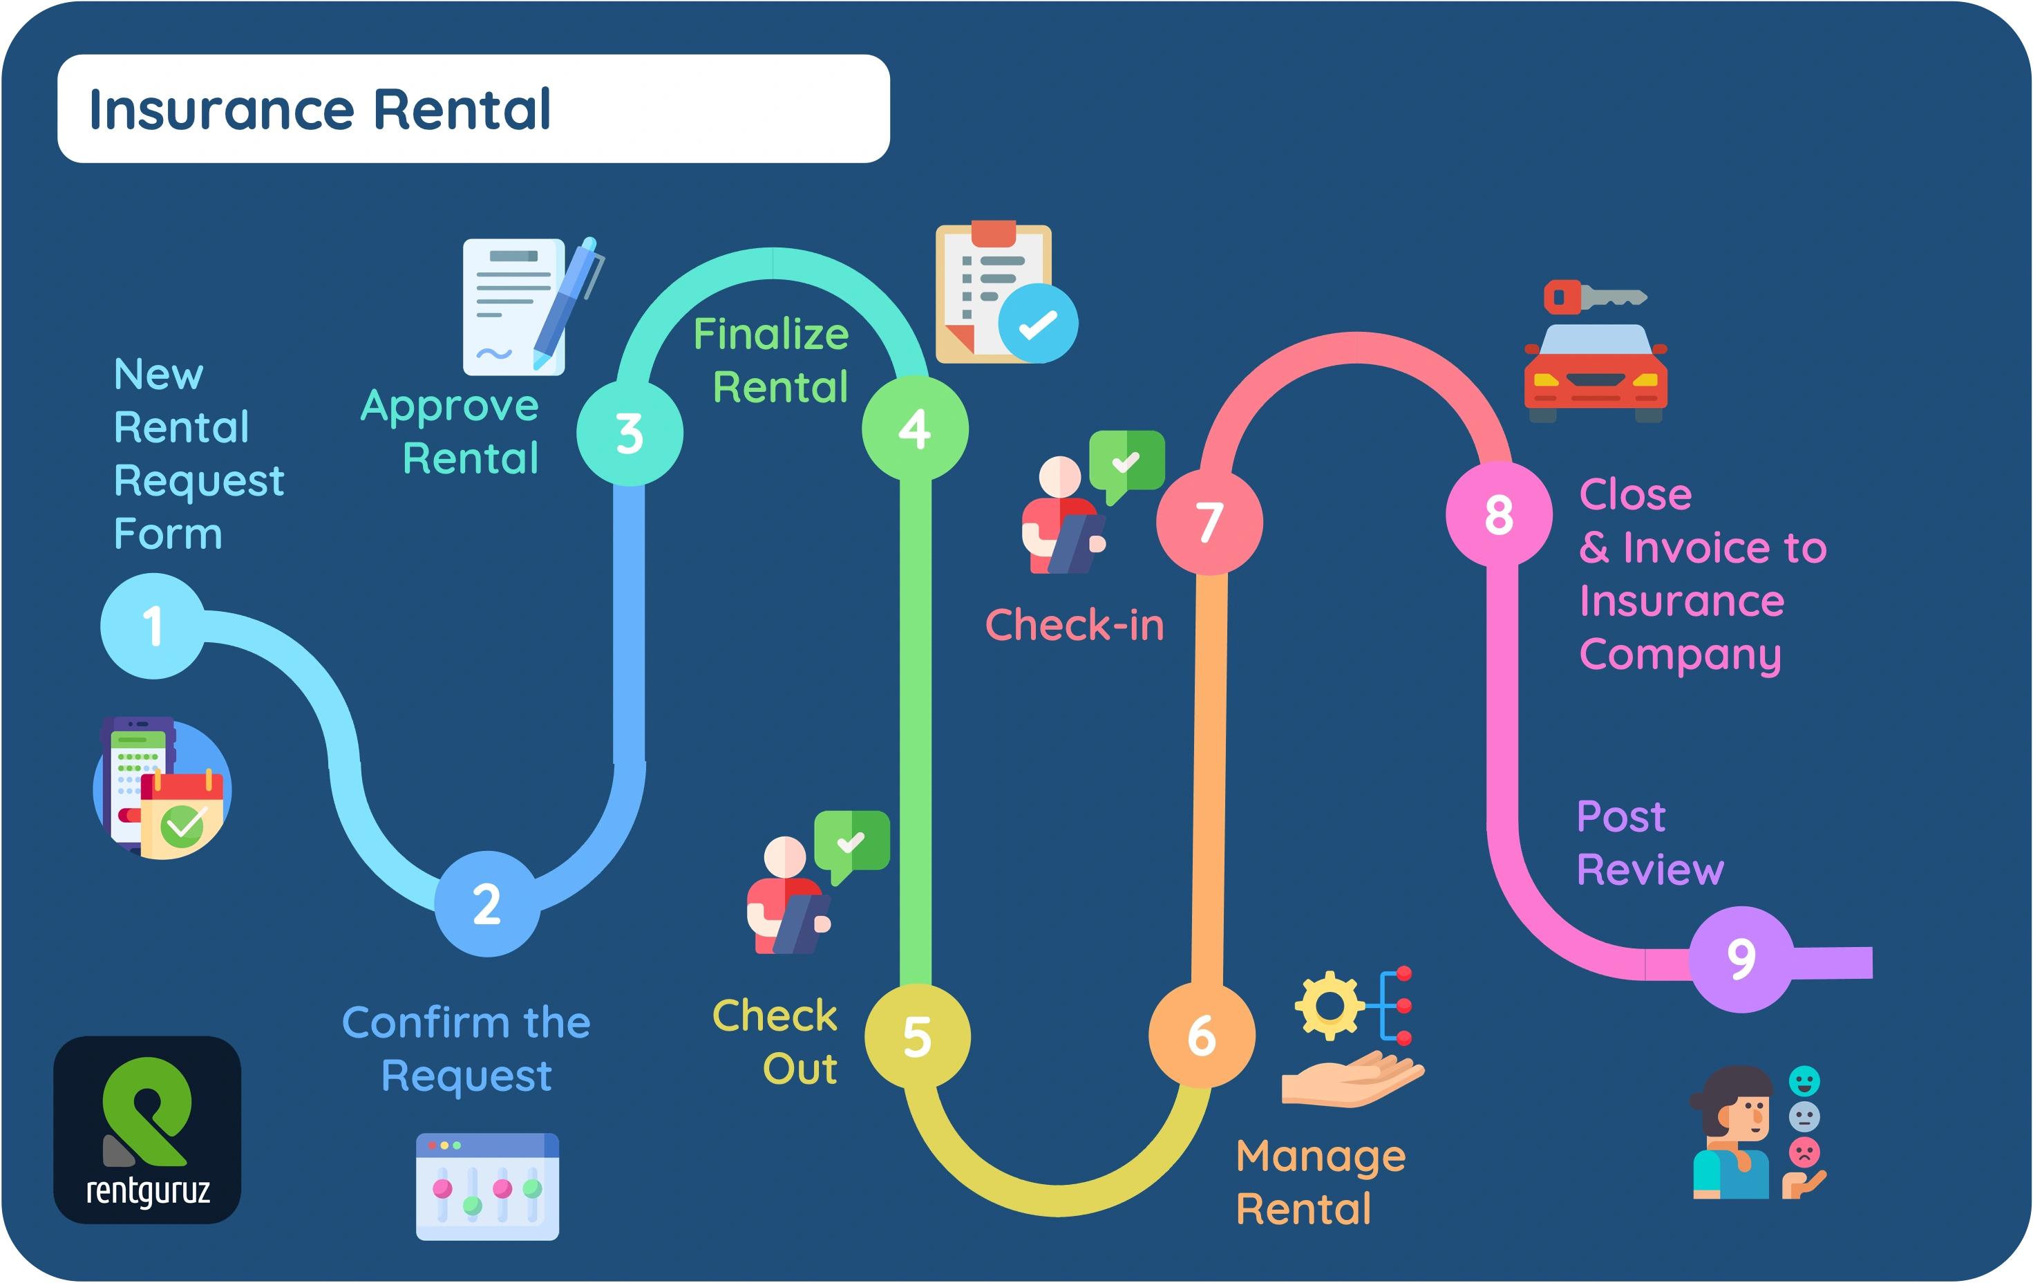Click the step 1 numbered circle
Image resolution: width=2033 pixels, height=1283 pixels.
tap(153, 626)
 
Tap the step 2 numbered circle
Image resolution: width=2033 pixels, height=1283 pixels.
tap(487, 903)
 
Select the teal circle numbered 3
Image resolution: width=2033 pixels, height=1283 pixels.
tap(630, 433)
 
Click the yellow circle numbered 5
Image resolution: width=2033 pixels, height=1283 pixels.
tap(918, 1036)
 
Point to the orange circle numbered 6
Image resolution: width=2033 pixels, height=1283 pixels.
tap(1202, 1036)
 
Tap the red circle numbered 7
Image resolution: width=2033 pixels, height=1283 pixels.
tap(1210, 522)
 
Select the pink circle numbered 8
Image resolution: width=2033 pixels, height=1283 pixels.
tap(1499, 514)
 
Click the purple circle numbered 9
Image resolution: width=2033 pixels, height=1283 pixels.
tap(1741, 959)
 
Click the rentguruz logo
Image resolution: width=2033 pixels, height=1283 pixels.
tap(147, 1130)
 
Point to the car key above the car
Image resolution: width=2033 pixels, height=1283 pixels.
tap(1594, 297)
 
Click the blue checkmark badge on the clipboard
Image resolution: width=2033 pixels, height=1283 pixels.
tap(1038, 324)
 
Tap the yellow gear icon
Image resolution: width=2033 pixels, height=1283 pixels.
tap(1329, 1006)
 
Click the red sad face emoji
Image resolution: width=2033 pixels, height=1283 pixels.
tap(1804, 1152)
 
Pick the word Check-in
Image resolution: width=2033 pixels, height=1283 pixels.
tap(1074, 625)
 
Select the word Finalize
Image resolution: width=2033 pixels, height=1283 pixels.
tap(770, 335)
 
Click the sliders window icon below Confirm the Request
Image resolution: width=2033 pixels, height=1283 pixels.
tap(487, 1187)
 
